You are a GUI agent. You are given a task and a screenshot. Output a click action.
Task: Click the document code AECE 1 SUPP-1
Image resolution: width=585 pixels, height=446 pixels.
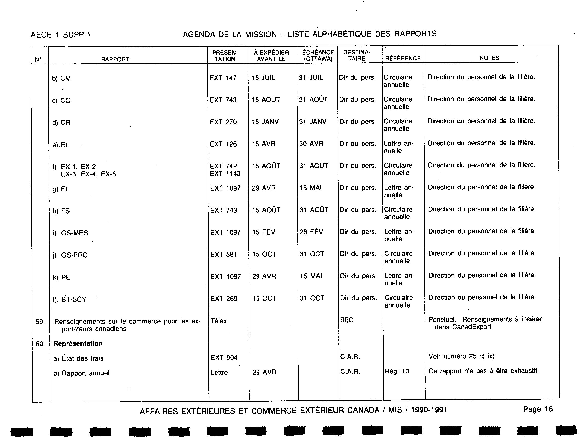point(61,35)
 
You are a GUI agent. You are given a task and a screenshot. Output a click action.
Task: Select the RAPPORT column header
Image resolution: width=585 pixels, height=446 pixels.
point(115,59)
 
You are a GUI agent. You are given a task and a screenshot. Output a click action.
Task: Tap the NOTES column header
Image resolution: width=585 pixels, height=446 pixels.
point(489,58)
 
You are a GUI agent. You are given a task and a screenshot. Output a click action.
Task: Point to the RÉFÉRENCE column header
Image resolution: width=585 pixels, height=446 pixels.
point(403,58)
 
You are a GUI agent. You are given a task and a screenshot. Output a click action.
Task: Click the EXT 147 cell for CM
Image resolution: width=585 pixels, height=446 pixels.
point(223,78)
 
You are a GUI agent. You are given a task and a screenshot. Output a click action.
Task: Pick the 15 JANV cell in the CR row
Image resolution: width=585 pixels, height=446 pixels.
point(265,122)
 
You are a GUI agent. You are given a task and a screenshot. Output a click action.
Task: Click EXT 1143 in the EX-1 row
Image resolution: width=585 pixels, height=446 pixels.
point(225,174)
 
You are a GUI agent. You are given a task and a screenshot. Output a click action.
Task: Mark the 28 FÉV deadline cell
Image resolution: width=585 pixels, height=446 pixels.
point(311,232)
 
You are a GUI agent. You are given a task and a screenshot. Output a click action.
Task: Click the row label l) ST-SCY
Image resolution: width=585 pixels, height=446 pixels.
point(70,299)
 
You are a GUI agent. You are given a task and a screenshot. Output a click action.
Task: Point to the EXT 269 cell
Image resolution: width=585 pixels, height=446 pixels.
point(224,299)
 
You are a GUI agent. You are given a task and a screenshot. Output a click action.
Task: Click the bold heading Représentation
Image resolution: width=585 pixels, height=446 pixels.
point(78,343)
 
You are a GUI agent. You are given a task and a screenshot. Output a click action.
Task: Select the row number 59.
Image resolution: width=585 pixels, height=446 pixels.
point(40,322)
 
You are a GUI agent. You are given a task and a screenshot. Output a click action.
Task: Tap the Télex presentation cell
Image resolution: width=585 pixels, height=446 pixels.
point(219,321)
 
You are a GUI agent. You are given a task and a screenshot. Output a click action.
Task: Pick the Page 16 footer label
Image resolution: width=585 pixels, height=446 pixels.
point(538,409)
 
